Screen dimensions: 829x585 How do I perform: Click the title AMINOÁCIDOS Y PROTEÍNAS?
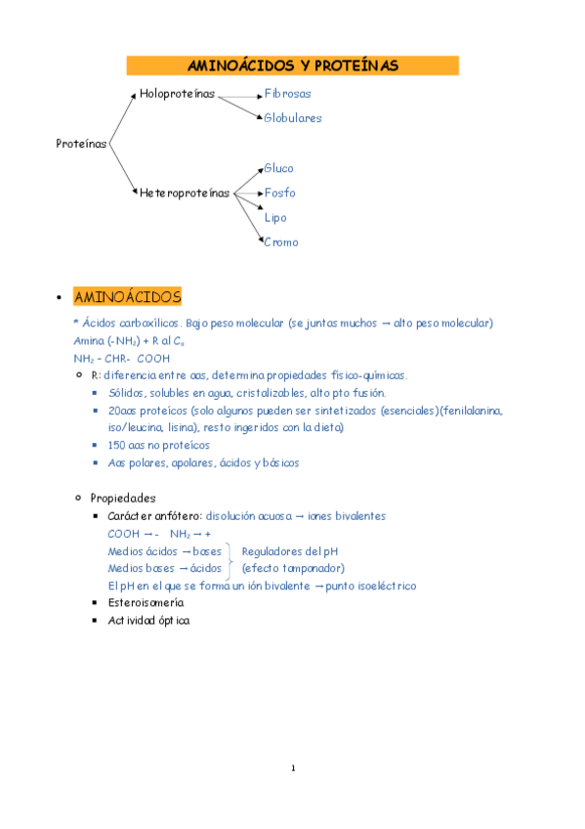292,65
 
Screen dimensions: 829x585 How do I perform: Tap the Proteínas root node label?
81,144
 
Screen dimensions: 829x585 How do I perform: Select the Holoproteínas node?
177,94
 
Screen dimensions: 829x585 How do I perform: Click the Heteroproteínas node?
185,193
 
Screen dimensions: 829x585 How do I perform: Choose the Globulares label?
292,118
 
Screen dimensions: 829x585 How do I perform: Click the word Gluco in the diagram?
278,168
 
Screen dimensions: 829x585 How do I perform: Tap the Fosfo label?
279,193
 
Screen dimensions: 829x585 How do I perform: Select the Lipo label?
275,217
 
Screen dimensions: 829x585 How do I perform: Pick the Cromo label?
281,241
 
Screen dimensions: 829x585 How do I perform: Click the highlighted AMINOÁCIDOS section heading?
127,296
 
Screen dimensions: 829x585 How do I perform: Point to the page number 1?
292,767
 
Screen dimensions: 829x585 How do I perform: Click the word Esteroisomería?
146,603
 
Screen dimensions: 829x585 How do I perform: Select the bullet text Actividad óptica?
148,621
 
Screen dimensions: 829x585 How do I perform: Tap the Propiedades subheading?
122,498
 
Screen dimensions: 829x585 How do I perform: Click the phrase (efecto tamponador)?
292,568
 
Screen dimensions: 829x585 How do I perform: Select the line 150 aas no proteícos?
158,445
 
